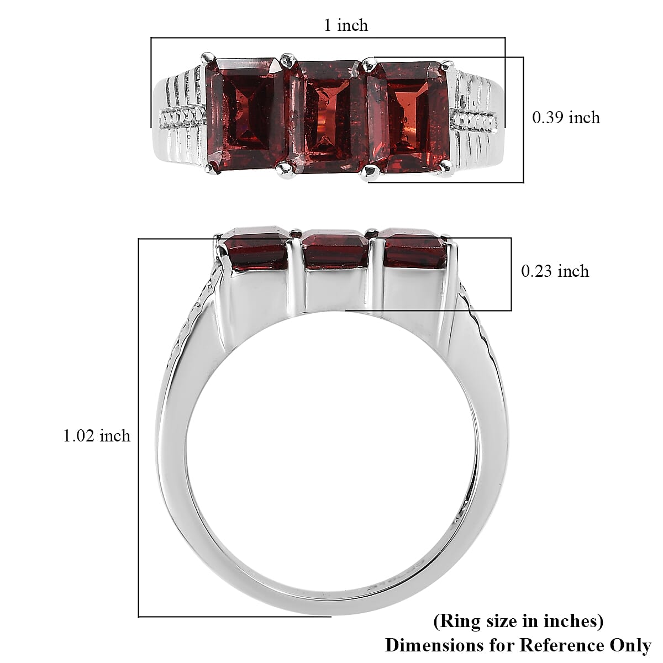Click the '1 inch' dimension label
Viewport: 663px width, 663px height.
click(346, 25)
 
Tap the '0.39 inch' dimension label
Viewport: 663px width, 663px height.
click(566, 118)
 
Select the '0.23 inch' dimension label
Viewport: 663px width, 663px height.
click(555, 271)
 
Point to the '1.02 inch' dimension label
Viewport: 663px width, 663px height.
click(97, 436)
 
